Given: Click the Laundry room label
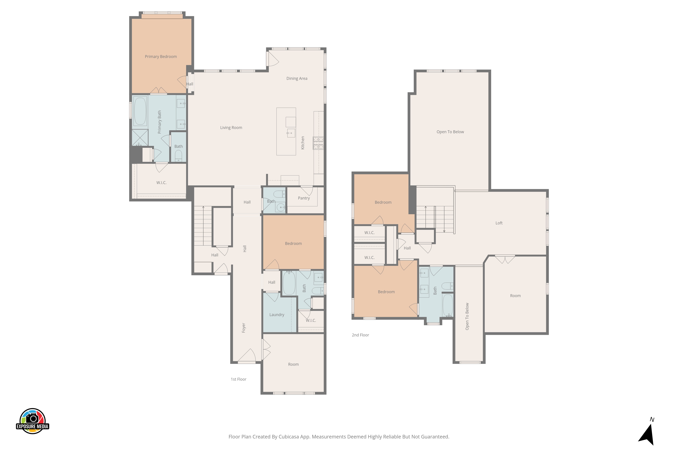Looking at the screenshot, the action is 277,315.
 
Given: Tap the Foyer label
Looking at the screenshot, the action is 244,328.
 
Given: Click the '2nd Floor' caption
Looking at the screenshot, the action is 360,335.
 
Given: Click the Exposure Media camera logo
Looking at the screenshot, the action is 33,421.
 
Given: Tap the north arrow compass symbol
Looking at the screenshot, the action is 647,434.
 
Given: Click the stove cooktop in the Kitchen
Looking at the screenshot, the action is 318,143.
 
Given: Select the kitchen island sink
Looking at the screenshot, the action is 291,133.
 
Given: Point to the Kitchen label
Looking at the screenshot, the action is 303,143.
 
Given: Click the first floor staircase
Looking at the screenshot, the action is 203,226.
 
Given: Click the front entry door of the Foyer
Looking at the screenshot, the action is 247,356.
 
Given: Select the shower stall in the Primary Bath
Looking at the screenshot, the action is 140,137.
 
